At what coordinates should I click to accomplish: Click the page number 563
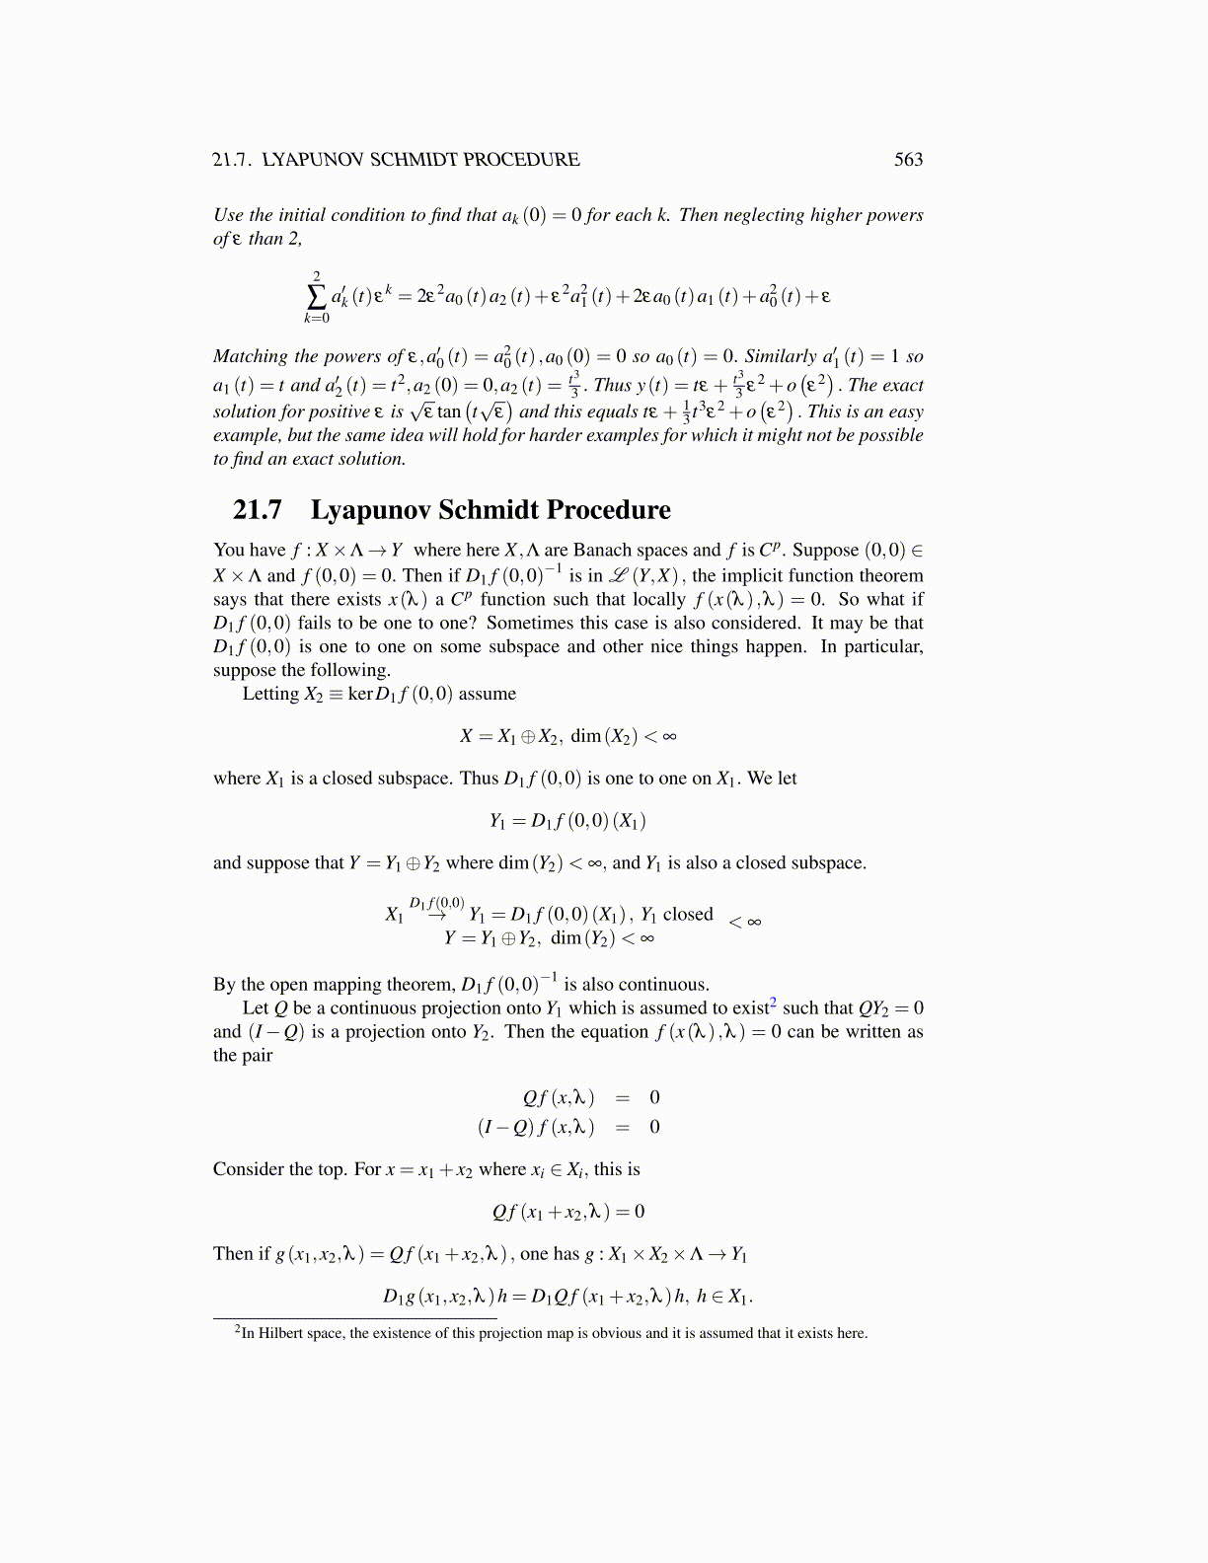tap(908, 159)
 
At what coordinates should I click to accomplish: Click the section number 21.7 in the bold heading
tap(257, 510)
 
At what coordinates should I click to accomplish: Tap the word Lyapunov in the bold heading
tap(370, 510)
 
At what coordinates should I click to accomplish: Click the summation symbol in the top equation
tap(317, 295)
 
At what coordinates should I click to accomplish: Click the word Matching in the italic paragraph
tap(250, 356)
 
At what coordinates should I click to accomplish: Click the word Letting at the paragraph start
tap(270, 694)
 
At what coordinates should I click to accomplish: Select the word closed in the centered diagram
tap(688, 914)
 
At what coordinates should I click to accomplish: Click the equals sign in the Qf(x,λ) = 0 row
tap(622, 1097)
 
